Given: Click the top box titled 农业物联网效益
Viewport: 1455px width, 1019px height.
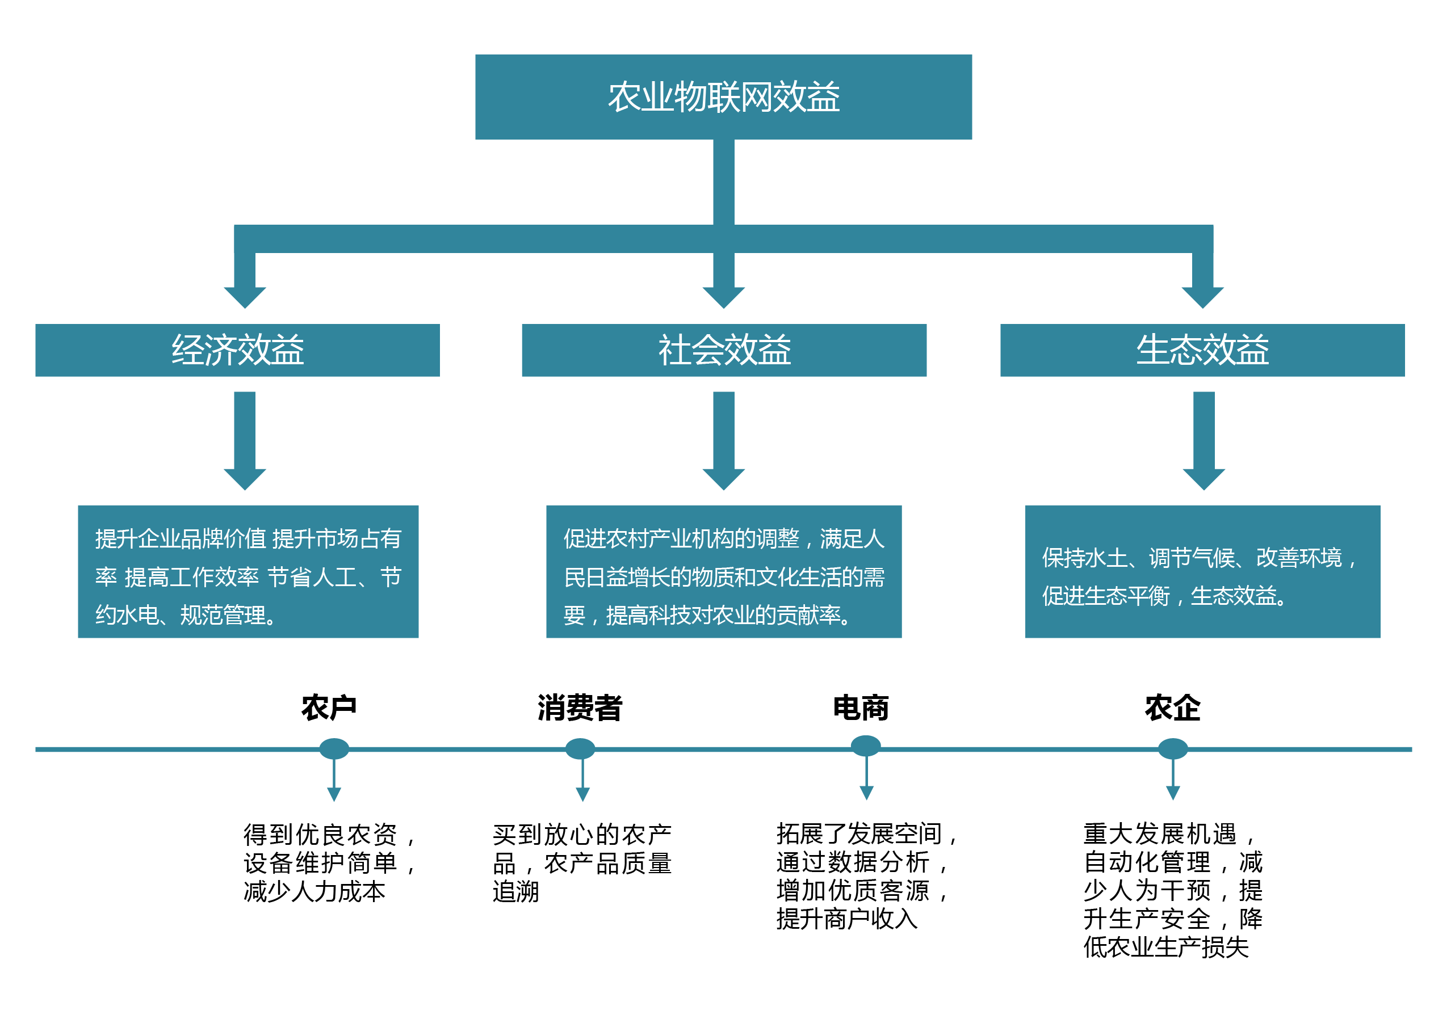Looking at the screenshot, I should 723,97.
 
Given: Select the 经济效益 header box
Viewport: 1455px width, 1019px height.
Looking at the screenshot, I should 238,350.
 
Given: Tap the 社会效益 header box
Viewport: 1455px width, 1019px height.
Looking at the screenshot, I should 724,350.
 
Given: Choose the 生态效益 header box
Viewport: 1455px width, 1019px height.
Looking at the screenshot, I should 1202,350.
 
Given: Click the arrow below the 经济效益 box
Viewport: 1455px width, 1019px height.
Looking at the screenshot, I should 245,440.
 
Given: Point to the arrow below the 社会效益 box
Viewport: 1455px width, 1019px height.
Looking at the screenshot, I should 723,440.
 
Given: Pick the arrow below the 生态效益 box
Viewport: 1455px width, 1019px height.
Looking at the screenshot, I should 1204,440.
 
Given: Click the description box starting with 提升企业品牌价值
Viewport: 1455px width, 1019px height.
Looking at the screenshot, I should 248,571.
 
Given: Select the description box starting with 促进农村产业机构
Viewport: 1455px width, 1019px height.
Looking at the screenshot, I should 724,571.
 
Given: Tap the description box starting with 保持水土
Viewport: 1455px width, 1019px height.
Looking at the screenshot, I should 1202,571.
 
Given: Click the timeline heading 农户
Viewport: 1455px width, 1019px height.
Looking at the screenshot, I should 329,708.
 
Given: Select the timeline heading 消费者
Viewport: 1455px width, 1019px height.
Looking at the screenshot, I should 580,708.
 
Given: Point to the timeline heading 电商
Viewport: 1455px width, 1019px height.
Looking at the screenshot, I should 861,708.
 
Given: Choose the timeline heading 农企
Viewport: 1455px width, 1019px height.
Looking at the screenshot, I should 1172,708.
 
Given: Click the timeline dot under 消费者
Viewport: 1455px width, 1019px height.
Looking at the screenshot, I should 580,748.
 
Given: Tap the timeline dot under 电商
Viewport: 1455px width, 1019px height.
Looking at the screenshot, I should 866,746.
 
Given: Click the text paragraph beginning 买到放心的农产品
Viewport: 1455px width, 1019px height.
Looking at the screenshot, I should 582,862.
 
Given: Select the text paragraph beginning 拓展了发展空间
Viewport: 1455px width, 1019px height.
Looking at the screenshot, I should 866,877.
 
